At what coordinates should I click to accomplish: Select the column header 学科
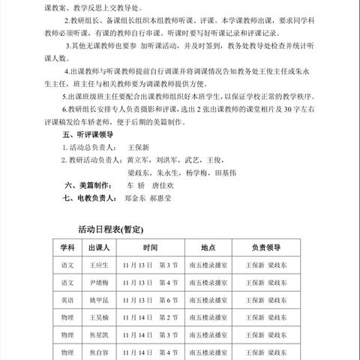(65, 247)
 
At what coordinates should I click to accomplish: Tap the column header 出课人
(100, 247)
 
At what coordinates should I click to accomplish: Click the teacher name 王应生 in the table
(100, 265)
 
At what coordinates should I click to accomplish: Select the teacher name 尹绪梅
(100, 283)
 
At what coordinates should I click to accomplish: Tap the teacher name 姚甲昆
(100, 300)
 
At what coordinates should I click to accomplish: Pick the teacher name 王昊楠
(100, 317)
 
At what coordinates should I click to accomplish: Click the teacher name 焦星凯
(100, 334)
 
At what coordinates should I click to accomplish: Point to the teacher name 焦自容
(100, 352)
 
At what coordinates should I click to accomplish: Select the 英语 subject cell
(65, 300)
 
